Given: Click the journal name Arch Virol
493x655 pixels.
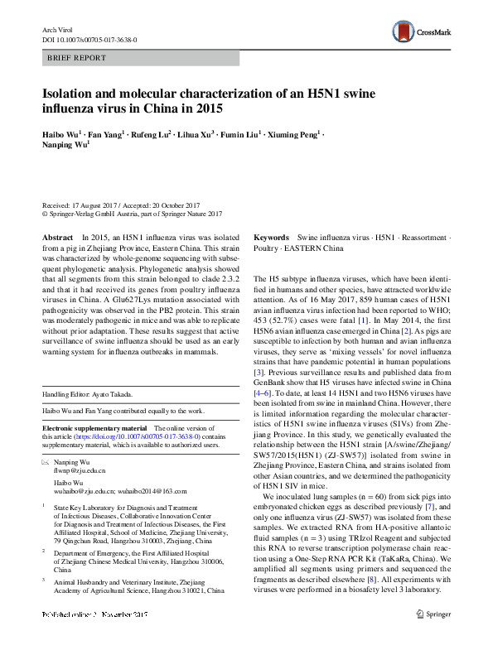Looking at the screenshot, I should (57, 29).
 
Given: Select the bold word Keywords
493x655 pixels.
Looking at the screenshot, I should (271, 237).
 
